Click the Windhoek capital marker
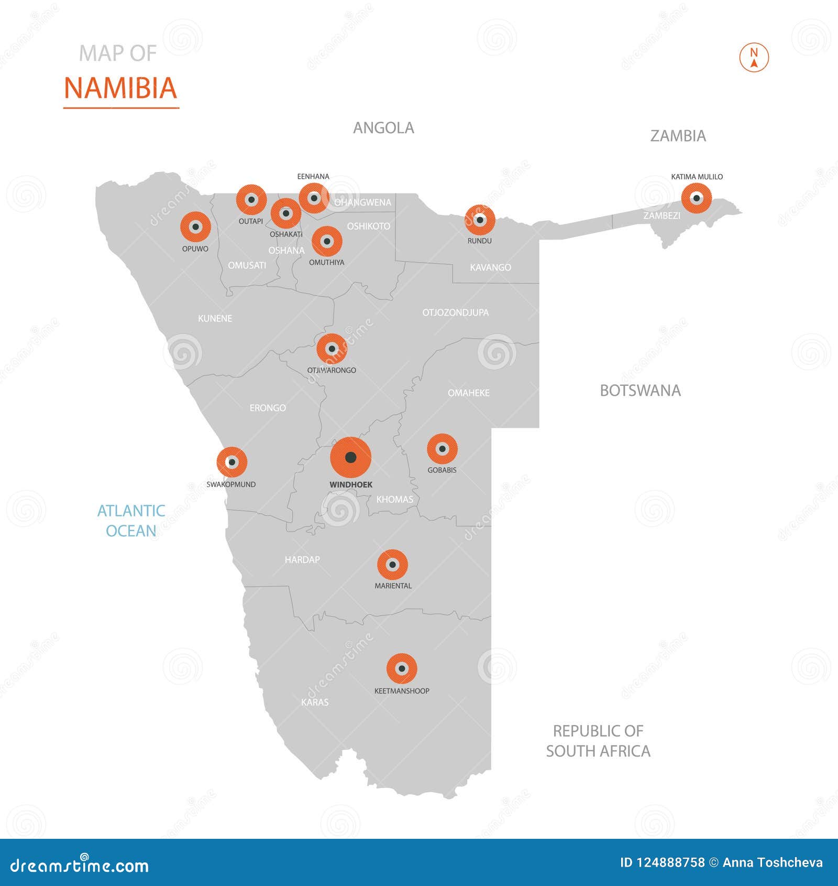[x=351, y=457]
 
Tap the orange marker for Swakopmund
[x=231, y=462]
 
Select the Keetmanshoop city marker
[x=402, y=668]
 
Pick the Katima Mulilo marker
[x=696, y=198]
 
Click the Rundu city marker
[x=480, y=220]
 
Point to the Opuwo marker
[x=195, y=227]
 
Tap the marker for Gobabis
[x=442, y=449]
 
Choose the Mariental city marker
[x=392, y=565]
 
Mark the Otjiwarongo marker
[x=332, y=349]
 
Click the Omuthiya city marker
[x=327, y=241]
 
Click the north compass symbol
[x=754, y=57]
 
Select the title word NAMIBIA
[x=120, y=88]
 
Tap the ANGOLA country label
[x=383, y=128]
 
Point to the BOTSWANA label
[x=640, y=391]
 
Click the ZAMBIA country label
[x=678, y=136]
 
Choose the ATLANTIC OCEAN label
[x=131, y=521]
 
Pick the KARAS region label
[x=315, y=702]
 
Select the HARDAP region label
[x=302, y=560]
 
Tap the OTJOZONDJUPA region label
[x=455, y=312]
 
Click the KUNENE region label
[x=215, y=318]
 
